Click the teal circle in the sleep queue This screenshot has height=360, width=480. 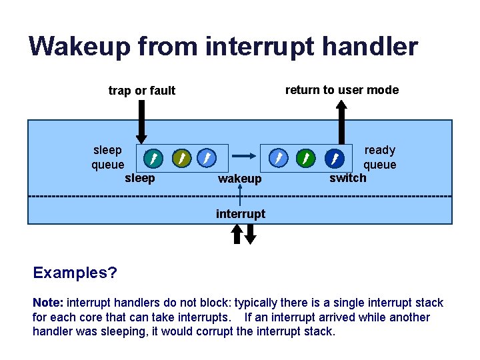click(x=153, y=158)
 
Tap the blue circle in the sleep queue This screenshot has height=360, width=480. click(x=207, y=158)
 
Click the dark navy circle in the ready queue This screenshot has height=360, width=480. click(x=334, y=158)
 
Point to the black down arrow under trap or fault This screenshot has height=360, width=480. click(x=141, y=121)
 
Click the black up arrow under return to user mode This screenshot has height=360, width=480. click(x=342, y=123)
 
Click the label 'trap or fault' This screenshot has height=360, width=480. click(x=142, y=91)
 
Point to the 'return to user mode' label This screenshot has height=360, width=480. click(x=342, y=90)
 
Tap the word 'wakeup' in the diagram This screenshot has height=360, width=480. click(x=240, y=179)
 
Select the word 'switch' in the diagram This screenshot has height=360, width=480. click(x=348, y=177)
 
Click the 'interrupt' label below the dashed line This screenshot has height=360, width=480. click(x=241, y=214)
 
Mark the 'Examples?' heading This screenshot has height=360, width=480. click(x=75, y=273)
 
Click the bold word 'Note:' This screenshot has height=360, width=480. click(x=49, y=303)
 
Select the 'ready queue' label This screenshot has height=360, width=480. click(x=379, y=157)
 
